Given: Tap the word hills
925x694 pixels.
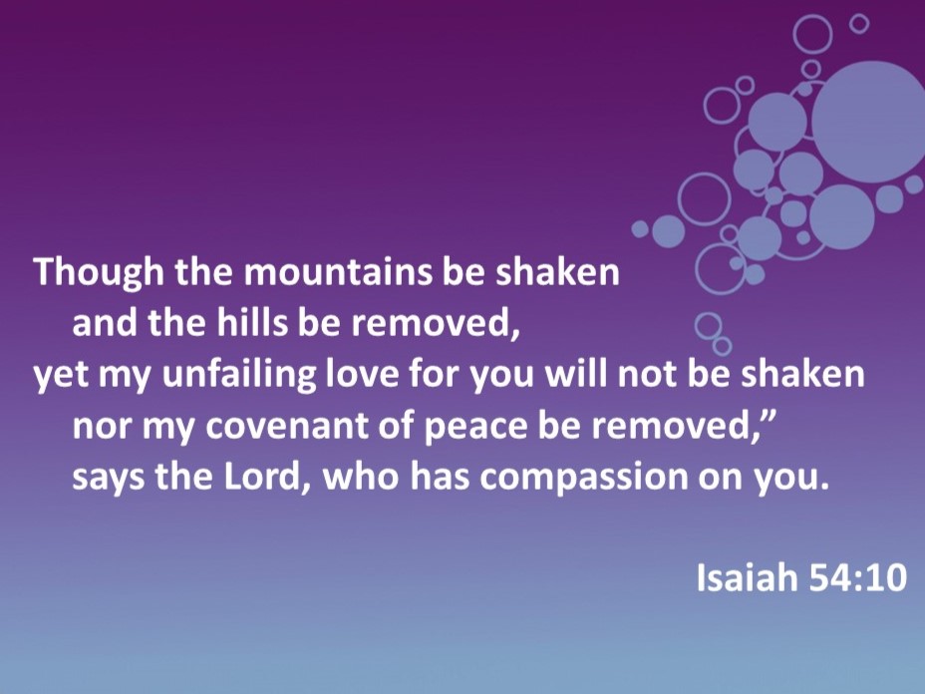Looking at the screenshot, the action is (x=253, y=322).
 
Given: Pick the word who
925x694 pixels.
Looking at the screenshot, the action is (x=360, y=477).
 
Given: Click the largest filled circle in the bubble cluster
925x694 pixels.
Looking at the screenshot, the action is (x=869, y=122).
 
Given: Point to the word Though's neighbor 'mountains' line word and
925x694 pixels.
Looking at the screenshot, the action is (x=105, y=323).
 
